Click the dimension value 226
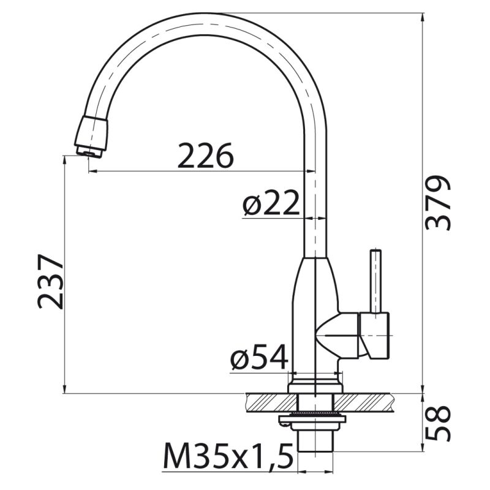click(205, 156)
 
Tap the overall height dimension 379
click(439, 202)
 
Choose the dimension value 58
click(439, 423)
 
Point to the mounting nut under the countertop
click(312, 420)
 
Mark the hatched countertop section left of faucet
click(269, 401)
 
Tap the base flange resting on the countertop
click(315, 385)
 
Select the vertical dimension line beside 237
click(65, 276)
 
